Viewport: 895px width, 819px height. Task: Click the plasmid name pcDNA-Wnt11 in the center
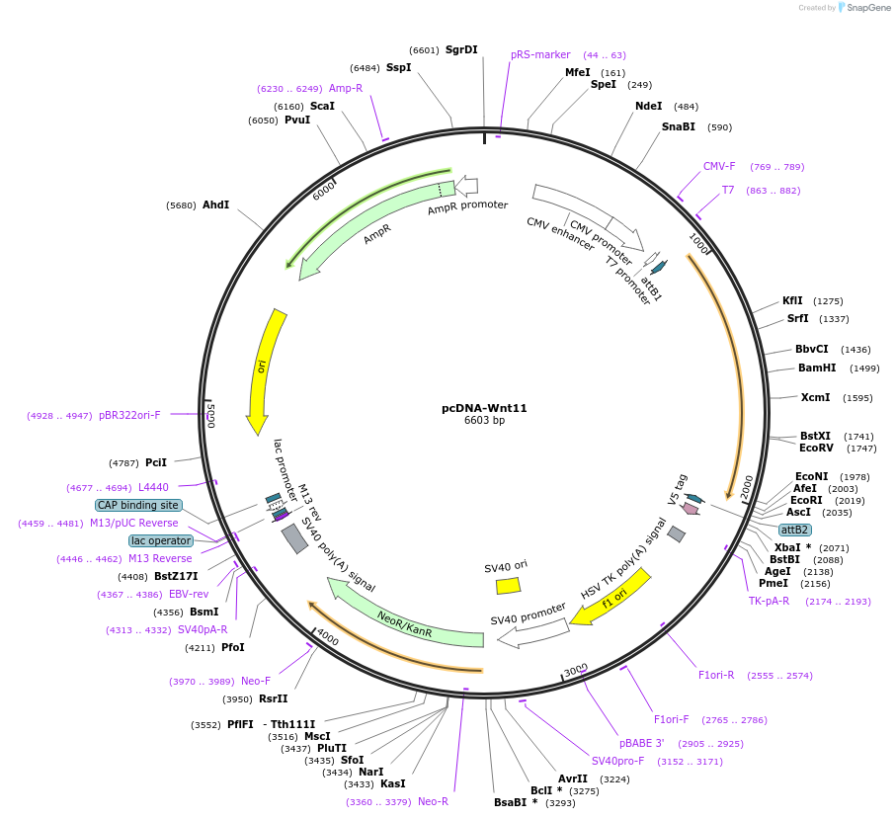coord(484,408)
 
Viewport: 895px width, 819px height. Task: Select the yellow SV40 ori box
coord(508,585)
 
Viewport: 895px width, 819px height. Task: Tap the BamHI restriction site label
coord(817,369)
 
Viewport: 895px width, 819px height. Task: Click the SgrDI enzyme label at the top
coord(460,49)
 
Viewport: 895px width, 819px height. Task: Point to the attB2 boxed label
coord(794,530)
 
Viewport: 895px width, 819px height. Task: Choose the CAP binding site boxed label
coord(138,505)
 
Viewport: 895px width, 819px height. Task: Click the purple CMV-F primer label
coord(719,166)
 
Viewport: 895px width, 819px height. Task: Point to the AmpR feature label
coord(377,234)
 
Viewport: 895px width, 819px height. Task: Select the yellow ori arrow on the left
coord(264,370)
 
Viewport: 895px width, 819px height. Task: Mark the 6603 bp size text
coord(484,421)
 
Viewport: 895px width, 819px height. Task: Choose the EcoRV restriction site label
coord(817,448)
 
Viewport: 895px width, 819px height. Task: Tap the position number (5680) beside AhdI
coord(182,205)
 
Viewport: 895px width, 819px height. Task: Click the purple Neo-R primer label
coord(433,801)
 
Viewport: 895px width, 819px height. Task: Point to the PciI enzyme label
coord(156,462)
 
